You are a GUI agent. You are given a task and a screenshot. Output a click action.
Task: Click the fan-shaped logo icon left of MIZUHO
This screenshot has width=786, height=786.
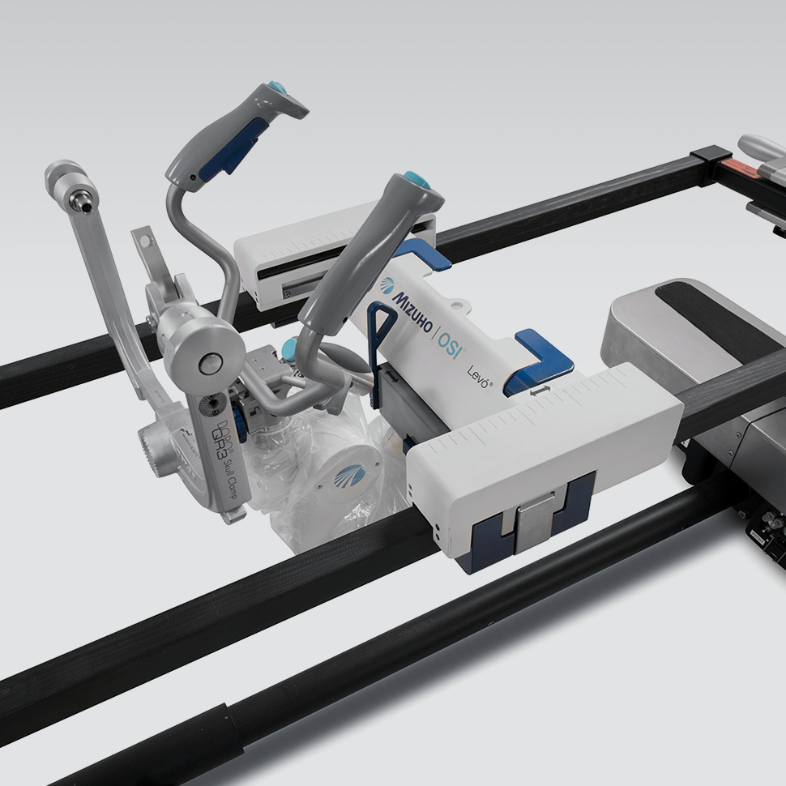tap(387, 286)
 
